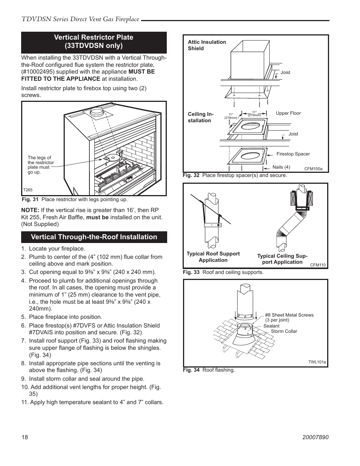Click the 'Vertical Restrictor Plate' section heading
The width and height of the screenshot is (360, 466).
click(x=94, y=37)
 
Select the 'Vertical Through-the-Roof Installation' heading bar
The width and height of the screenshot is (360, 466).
click(x=94, y=237)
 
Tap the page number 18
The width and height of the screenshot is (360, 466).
click(x=25, y=437)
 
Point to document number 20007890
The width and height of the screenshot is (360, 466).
click(x=315, y=437)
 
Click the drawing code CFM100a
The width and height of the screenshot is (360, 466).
click(x=313, y=169)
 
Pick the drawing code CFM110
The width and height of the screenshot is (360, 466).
click(x=318, y=265)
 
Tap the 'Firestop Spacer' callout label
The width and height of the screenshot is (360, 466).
click(x=293, y=154)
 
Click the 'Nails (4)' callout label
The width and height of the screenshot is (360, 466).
click(x=281, y=167)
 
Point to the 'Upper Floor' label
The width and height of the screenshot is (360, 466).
click(x=288, y=113)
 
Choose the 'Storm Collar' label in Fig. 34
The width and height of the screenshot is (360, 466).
click(x=284, y=331)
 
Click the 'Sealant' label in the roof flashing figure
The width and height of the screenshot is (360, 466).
click(x=271, y=326)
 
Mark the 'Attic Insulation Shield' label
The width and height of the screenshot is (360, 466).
click(x=207, y=45)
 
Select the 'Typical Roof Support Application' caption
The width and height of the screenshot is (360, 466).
click(x=213, y=257)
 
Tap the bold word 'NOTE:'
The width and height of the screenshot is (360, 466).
click(x=30, y=210)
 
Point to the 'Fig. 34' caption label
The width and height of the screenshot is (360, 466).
click(x=191, y=370)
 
